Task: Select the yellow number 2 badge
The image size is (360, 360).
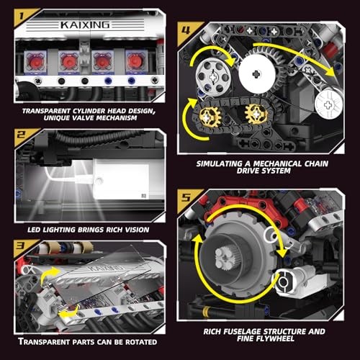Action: point(21,135)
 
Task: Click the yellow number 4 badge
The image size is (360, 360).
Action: point(186,31)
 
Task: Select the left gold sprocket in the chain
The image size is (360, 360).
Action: point(212,114)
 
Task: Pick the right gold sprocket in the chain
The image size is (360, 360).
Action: point(256,113)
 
